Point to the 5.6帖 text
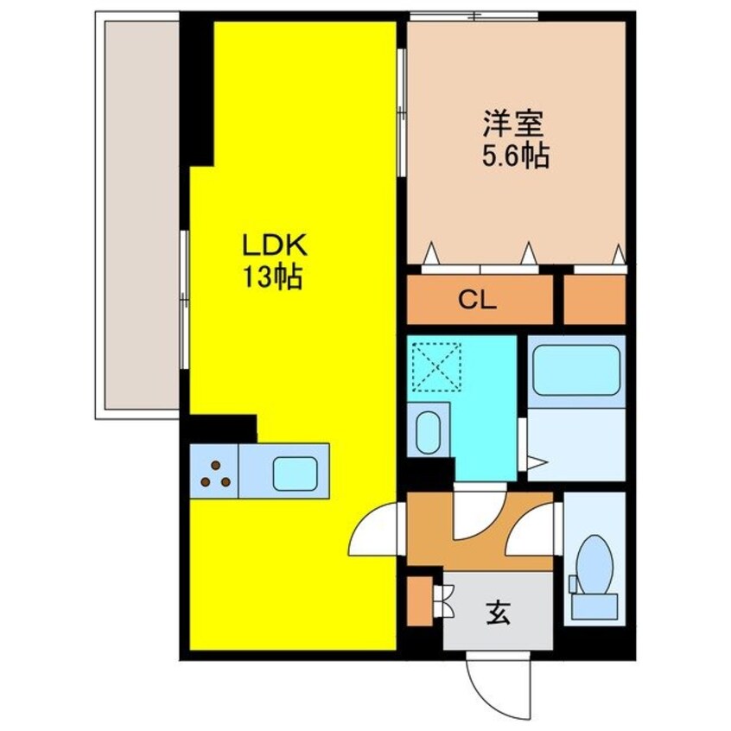coord(515,157)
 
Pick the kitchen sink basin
coord(296,472)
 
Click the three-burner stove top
coord(215,472)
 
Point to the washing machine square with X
coord(436,366)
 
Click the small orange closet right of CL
coord(594,300)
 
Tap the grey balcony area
coord(138,216)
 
